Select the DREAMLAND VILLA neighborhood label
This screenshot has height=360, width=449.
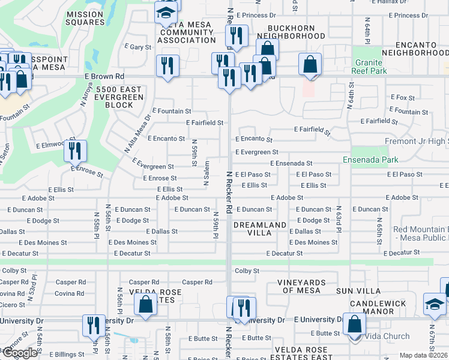[261, 225]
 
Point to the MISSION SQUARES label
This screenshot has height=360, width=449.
[85, 18]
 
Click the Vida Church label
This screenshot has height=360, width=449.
[386, 336]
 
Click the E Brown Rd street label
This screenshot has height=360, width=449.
[104, 77]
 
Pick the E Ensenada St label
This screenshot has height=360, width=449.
[291, 163]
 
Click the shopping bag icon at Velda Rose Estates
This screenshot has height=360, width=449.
[146, 305]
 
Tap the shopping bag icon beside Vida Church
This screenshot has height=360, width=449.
[355, 324]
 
